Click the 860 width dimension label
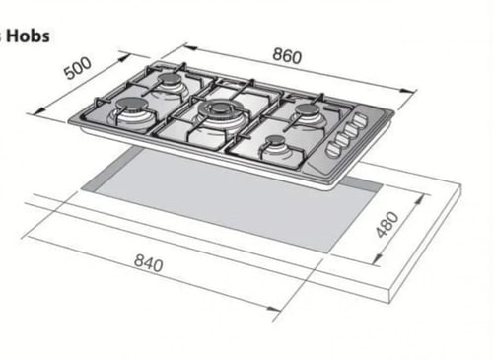point(287,56)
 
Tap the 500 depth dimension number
point(78,68)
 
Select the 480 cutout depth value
point(387,225)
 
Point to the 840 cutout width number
point(149,263)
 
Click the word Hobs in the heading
point(28,36)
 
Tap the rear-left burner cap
point(169,79)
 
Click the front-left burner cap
point(129,105)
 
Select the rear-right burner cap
point(308,108)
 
